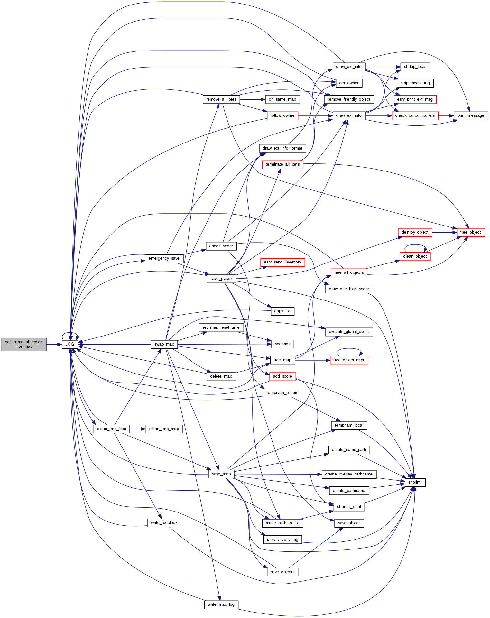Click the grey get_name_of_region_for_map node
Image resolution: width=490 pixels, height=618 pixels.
[x=24, y=344]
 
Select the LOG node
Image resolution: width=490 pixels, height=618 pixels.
[x=70, y=344]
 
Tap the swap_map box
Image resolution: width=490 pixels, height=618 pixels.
[x=164, y=344]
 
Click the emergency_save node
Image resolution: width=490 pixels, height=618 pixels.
[x=164, y=258]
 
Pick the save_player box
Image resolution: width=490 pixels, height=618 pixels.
[x=221, y=279]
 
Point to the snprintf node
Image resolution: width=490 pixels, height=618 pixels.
[x=415, y=482]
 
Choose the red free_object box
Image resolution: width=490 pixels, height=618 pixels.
[x=471, y=232]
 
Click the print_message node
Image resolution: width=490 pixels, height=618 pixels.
[x=471, y=115]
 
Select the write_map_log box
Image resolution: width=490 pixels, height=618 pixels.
[x=221, y=604]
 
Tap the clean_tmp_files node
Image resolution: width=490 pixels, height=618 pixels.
[x=112, y=429]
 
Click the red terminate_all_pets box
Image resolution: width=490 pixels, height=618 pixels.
[x=283, y=164]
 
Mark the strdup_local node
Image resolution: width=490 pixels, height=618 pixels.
[x=415, y=67]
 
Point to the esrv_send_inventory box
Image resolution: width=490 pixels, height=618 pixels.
[x=283, y=262]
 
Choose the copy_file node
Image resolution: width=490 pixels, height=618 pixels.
[x=282, y=311]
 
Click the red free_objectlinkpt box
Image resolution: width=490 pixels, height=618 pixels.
[x=349, y=360]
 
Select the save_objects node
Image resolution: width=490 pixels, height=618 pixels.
[x=283, y=572]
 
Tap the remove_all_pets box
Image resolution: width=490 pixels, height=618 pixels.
[x=221, y=99]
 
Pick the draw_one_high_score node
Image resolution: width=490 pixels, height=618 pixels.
[x=349, y=289]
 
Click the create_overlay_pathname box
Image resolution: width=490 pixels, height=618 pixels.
[x=349, y=474]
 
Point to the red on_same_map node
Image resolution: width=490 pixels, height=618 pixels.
[x=283, y=99]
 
